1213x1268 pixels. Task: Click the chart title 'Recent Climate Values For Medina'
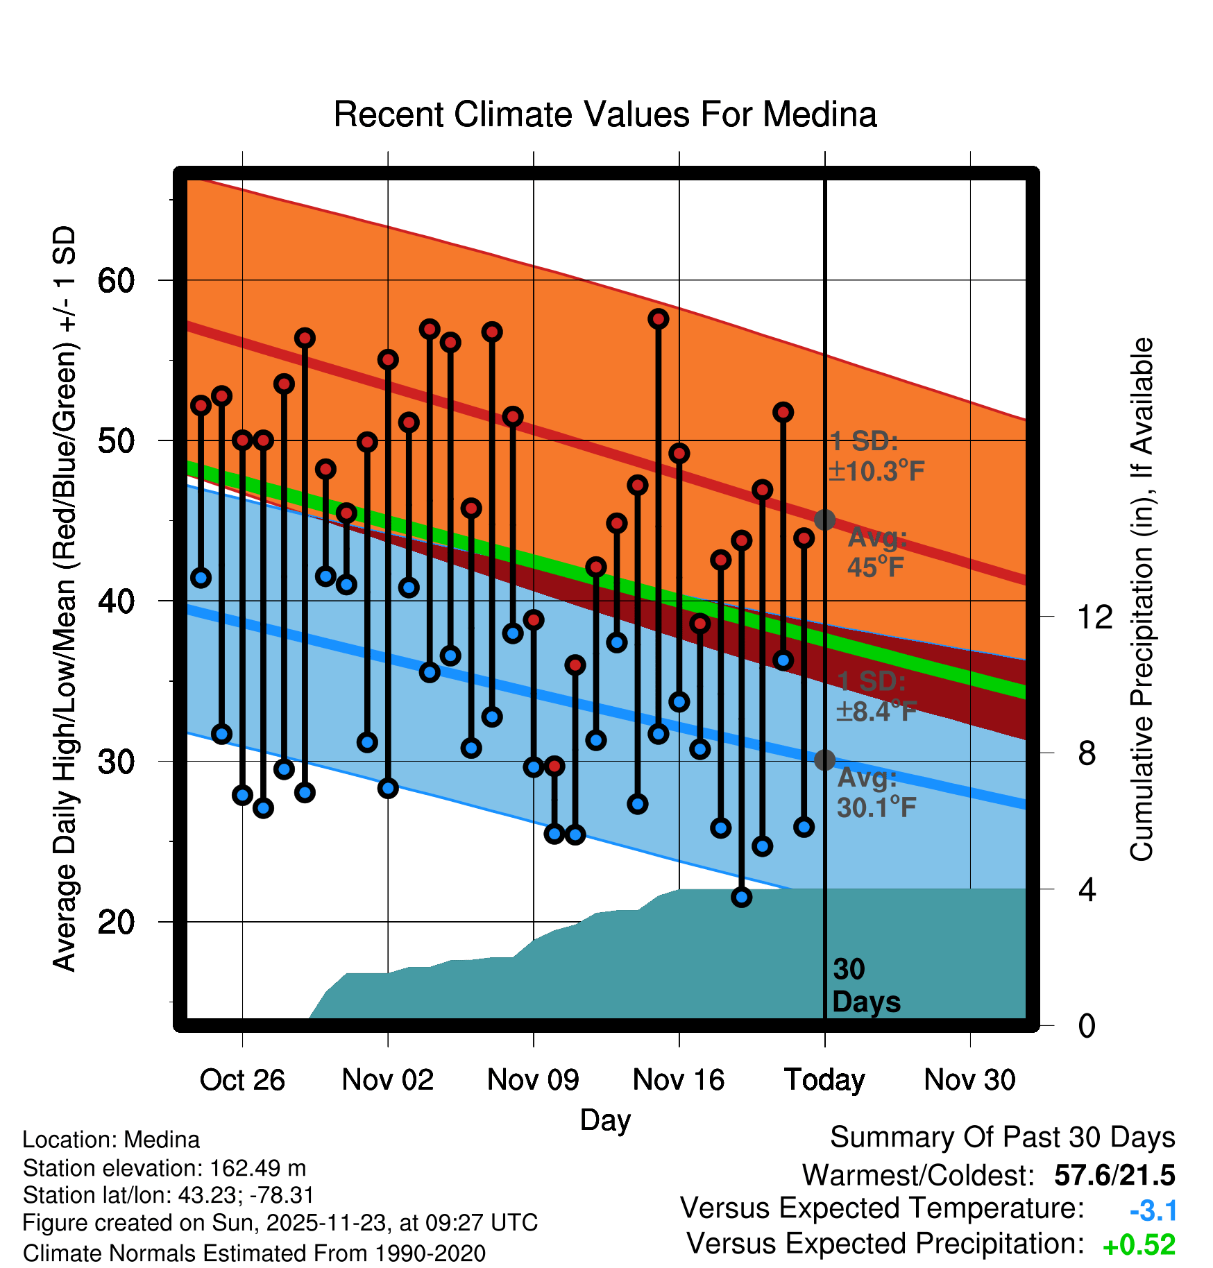click(605, 114)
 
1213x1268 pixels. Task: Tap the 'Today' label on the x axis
click(824, 1080)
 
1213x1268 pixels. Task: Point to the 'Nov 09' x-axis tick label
click(533, 1080)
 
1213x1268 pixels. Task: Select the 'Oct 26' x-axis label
click(242, 1080)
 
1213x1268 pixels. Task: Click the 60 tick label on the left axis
click(116, 281)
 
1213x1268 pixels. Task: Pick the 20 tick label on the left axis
click(116, 923)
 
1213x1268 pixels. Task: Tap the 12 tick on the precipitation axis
click(1095, 617)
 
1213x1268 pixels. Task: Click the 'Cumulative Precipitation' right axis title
click(1142, 600)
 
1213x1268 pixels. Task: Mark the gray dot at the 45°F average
click(824, 520)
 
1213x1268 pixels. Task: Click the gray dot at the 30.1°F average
click(824, 760)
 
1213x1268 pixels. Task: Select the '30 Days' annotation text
click(865, 986)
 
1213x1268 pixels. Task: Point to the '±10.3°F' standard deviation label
click(876, 471)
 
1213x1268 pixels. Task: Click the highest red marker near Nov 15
click(658, 319)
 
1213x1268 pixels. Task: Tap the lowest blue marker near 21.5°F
click(741, 897)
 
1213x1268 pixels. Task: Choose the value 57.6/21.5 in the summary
click(1114, 1175)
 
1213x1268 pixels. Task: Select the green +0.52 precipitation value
click(1139, 1245)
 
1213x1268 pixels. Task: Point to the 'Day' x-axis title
click(605, 1120)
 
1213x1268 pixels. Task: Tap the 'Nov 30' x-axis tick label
click(969, 1080)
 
